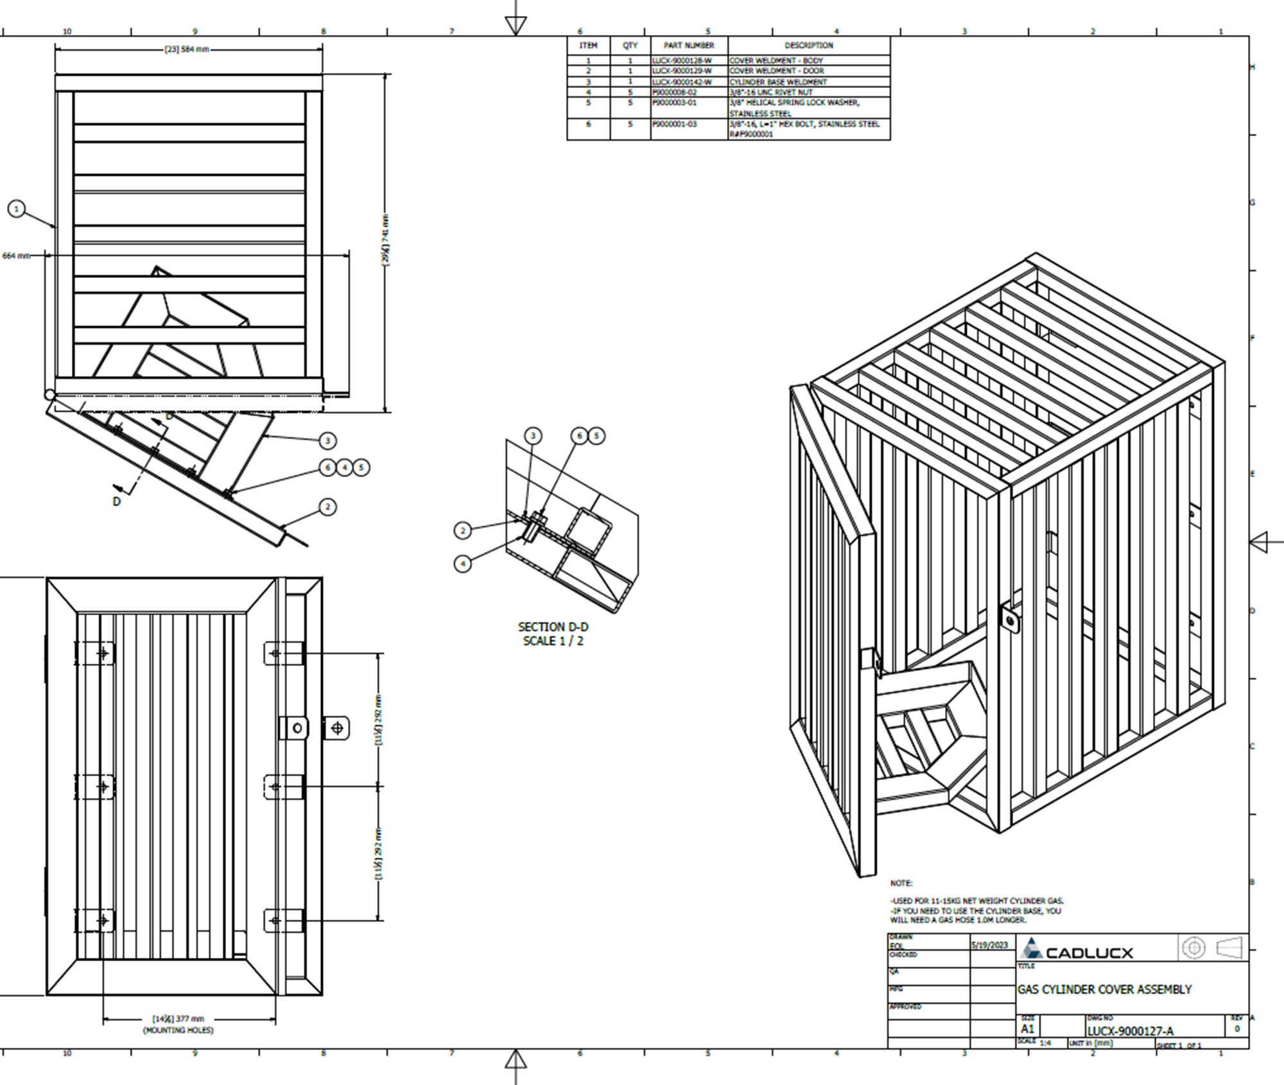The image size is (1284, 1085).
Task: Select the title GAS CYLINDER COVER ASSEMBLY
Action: (x=1104, y=989)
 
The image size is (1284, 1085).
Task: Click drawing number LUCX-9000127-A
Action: (x=1130, y=1031)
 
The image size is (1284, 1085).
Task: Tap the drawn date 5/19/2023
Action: (x=989, y=946)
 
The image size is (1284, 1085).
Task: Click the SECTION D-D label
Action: (x=553, y=627)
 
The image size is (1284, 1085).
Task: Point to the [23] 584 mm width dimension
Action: (x=187, y=49)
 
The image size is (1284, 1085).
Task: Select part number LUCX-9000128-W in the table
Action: (x=682, y=60)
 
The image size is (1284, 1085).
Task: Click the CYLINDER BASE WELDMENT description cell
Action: (x=778, y=82)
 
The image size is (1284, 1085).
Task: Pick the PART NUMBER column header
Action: (x=689, y=46)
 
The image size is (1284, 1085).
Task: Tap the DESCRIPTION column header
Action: (x=808, y=46)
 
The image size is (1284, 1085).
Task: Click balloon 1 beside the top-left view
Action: (x=17, y=209)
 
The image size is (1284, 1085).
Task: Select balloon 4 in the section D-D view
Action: (x=463, y=564)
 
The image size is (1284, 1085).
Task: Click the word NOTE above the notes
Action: (x=901, y=883)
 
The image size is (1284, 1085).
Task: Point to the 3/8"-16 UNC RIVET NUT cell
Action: (x=770, y=92)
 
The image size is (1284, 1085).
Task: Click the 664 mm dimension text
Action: (x=16, y=256)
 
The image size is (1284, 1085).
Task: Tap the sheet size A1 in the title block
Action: (x=1027, y=1029)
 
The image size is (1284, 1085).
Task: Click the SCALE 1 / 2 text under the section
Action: (x=553, y=641)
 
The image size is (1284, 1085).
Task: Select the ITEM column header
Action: (x=588, y=46)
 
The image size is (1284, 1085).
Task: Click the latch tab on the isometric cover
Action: (x=1009, y=620)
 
